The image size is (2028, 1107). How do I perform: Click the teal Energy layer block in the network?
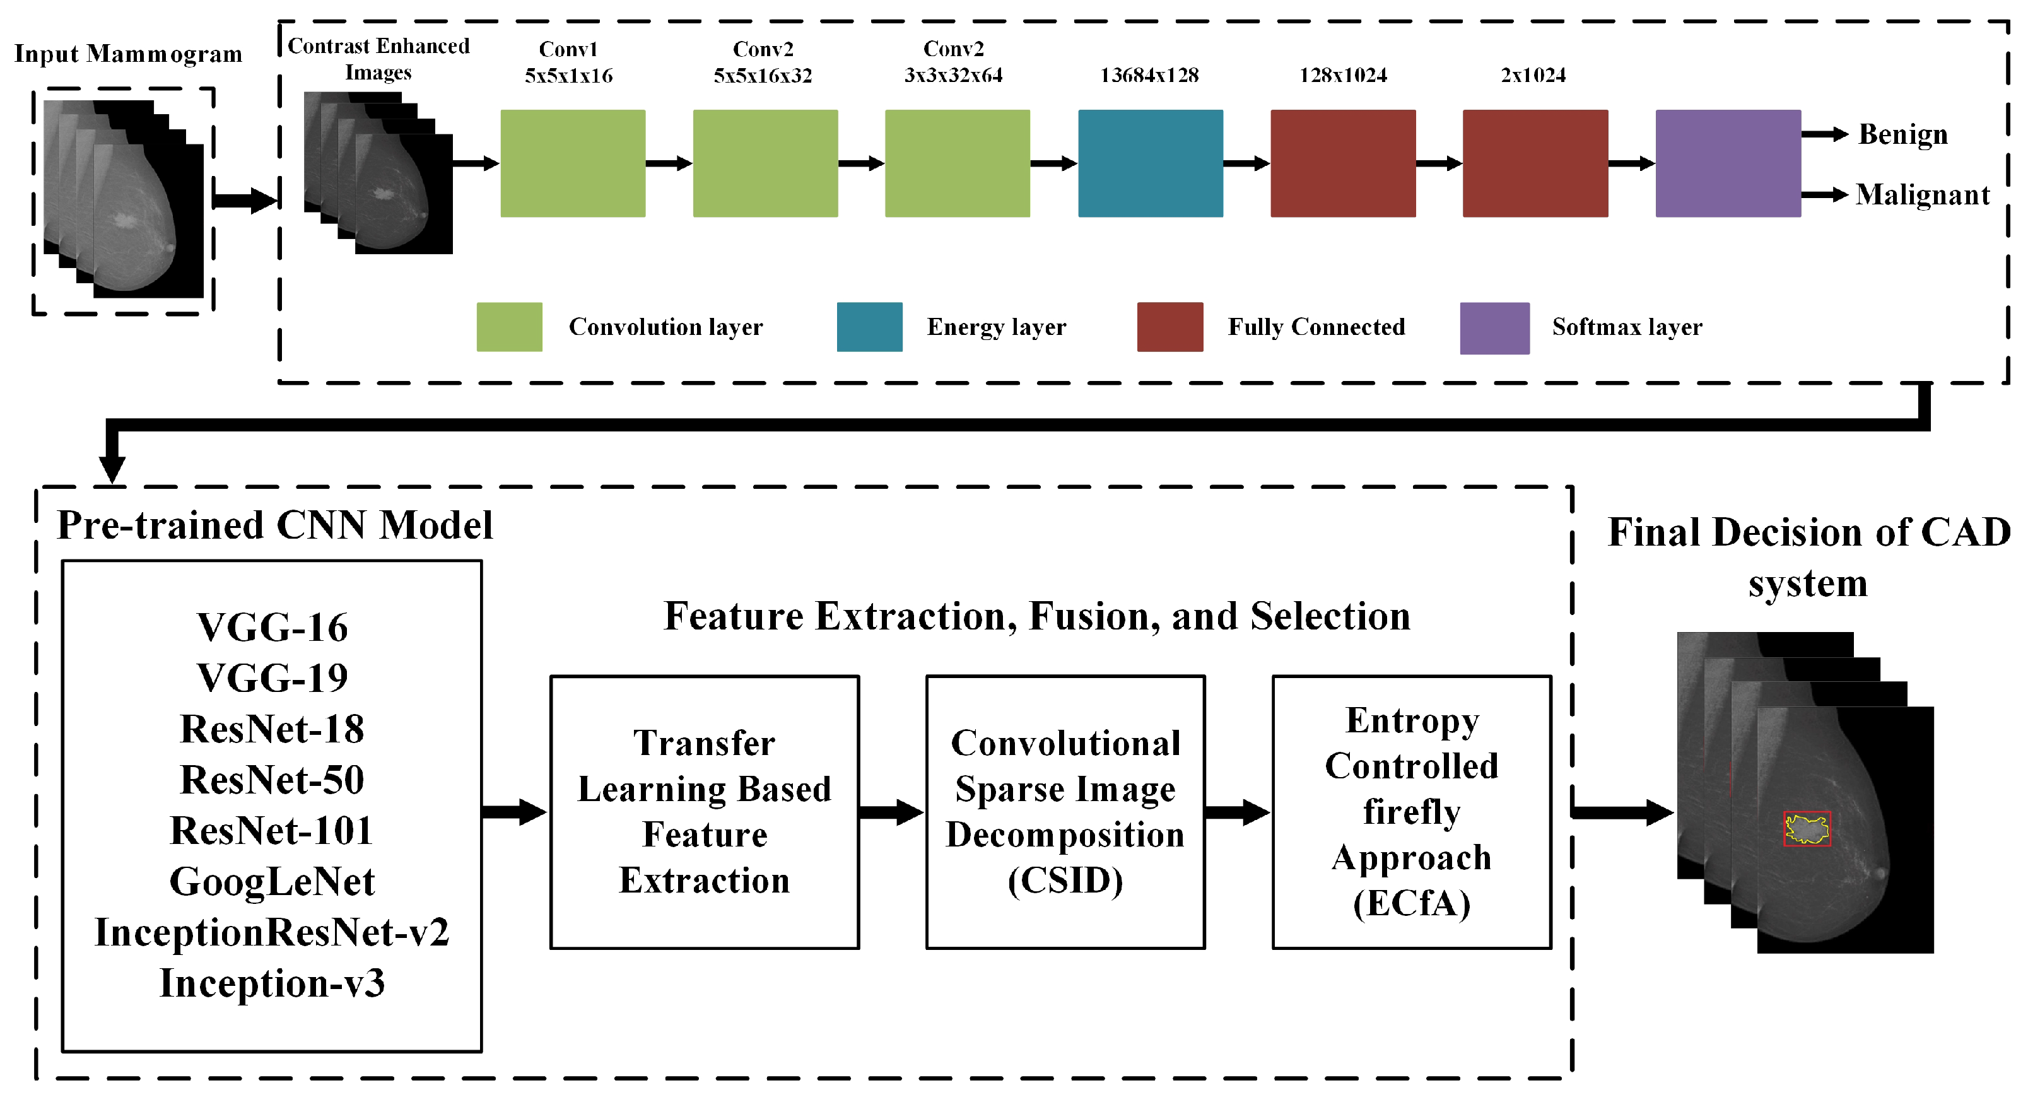coord(1149,163)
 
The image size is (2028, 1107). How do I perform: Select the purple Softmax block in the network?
coord(1727,163)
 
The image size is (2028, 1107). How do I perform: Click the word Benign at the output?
coord(1903,134)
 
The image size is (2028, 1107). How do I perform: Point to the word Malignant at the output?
coord(1922,194)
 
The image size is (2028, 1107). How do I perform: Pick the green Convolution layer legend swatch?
coord(508,327)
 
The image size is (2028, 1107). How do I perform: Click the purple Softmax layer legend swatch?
coord(1494,327)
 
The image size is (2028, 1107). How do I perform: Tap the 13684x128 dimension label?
coord(1149,76)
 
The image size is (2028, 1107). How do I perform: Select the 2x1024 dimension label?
coord(1533,76)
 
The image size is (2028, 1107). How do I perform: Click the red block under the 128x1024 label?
coord(1342,163)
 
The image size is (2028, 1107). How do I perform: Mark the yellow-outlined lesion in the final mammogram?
coord(1806,829)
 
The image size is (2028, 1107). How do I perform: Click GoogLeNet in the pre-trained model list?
coord(272,882)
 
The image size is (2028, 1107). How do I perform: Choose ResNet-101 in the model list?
coord(272,831)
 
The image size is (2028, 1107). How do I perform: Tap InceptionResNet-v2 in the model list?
coord(272,932)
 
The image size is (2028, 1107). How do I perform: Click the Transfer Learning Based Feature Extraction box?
coord(704,812)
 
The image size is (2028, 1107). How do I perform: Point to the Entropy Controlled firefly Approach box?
coord(1411,812)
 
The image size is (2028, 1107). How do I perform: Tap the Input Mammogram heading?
coord(127,54)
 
